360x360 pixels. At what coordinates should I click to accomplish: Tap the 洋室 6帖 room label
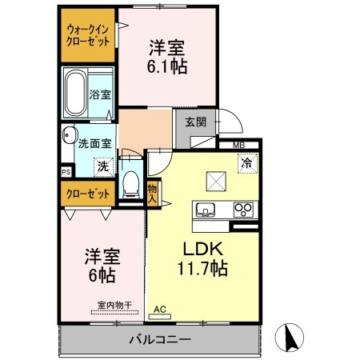coord(102,266)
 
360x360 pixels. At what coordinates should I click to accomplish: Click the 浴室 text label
coord(101,94)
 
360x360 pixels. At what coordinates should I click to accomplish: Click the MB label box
coord(239,144)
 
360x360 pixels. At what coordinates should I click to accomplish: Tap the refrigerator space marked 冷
coord(246,160)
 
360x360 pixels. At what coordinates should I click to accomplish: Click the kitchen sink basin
coord(204,210)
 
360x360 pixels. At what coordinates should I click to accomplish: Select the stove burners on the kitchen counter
coord(242,210)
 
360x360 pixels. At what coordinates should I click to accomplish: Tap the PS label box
coord(66,171)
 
